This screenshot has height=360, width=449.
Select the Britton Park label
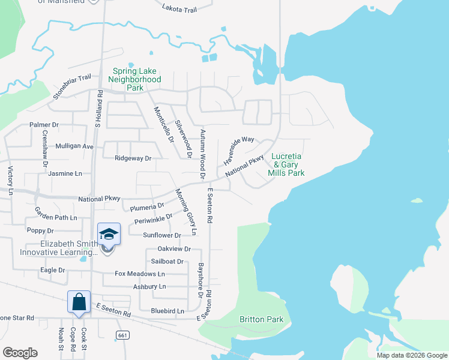click(x=261, y=320)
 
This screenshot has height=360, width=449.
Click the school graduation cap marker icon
click(x=109, y=233)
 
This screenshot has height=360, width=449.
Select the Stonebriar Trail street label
click(x=71, y=86)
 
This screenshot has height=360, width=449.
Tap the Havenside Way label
click(x=239, y=151)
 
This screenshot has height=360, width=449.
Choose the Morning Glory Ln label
click(x=186, y=212)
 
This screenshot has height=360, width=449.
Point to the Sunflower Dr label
click(x=161, y=235)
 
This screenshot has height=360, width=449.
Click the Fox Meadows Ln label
click(x=140, y=274)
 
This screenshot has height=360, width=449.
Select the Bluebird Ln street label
click(x=167, y=311)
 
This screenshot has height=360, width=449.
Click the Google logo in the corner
click(x=20, y=353)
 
